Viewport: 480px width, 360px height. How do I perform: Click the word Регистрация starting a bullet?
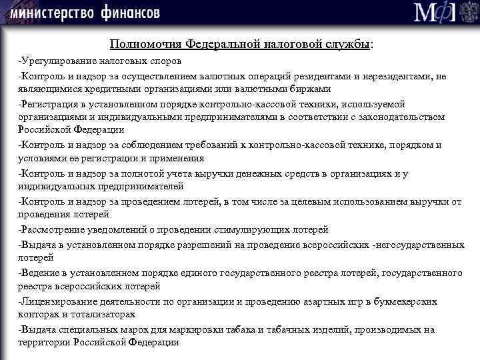point(47,105)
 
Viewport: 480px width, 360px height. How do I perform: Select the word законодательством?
point(403,117)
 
